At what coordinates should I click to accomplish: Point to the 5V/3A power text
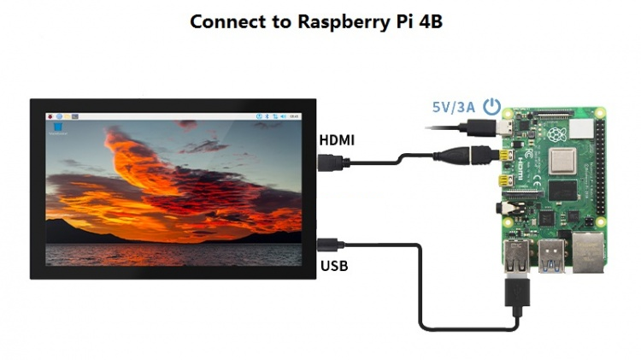(453, 108)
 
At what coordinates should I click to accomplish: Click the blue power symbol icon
(491, 107)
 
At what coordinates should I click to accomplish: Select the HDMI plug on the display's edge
(330, 162)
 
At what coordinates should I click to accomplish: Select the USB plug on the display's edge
(330, 244)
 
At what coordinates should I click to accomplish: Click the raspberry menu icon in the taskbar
(51, 115)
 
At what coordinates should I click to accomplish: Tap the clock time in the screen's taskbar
(294, 115)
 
